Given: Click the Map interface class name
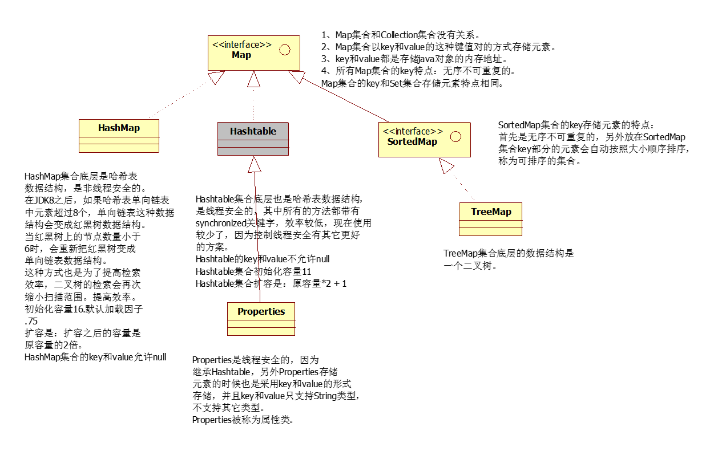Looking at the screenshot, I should [241, 55].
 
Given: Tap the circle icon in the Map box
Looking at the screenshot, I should [284, 50].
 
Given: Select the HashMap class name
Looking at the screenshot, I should [119, 128].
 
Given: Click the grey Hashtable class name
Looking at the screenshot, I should [253, 131].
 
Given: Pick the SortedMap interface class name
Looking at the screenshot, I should [412, 141].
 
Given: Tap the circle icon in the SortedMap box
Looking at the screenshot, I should [455, 136].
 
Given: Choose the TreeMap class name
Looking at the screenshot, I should [491, 212].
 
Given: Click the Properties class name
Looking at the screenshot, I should [261, 311].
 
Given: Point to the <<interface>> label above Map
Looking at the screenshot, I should [242, 45].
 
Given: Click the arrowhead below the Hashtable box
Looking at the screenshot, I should [255, 164].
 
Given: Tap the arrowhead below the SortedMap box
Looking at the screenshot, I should [446, 166].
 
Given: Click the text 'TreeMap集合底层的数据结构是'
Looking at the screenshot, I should [508, 253].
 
